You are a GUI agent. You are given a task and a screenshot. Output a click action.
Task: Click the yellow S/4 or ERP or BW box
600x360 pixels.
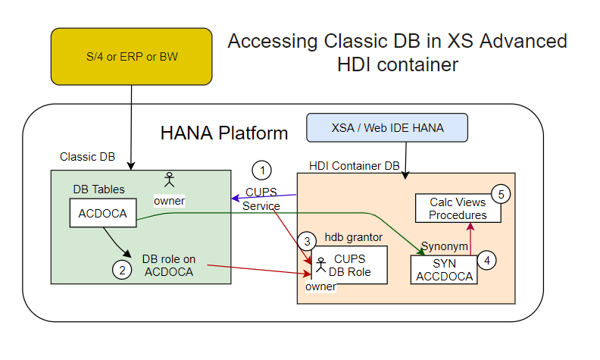pos(131,56)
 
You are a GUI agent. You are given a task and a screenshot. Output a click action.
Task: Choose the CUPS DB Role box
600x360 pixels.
pos(350,265)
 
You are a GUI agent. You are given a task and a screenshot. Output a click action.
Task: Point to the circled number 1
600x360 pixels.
pos(261,170)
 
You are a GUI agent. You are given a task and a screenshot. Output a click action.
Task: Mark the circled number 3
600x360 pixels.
pos(306,242)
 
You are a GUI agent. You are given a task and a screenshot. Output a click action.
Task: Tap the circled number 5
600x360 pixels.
pos(501,193)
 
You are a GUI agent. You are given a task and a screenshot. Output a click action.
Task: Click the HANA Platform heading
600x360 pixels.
pos(224,133)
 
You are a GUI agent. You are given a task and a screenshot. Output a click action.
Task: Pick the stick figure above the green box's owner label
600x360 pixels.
pos(169,180)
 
